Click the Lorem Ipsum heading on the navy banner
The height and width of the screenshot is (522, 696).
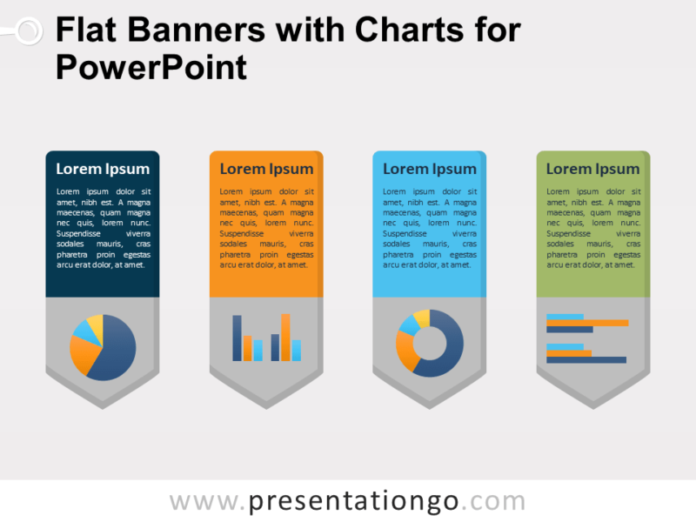pyautogui.click(x=103, y=169)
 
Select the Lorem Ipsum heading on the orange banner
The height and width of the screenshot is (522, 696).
pyautogui.click(x=266, y=169)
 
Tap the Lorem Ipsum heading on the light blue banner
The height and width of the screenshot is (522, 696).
pyautogui.click(x=430, y=169)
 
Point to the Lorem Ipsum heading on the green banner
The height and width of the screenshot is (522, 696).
pyautogui.click(x=593, y=169)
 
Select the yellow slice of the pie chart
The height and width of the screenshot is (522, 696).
pyautogui.click(x=95, y=325)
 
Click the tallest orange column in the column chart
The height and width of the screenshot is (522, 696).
pyautogui.click(x=285, y=337)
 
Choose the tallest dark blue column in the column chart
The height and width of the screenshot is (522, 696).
pyautogui.click(x=238, y=338)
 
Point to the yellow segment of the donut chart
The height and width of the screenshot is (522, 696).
pyautogui.click(x=421, y=318)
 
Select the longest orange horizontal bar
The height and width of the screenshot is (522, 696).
pyautogui.click(x=587, y=323)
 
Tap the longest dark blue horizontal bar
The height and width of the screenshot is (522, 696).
pyautogui.click(x=586, y=359)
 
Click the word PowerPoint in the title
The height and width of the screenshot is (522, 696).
pyautogui.click(x=151, y=67)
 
